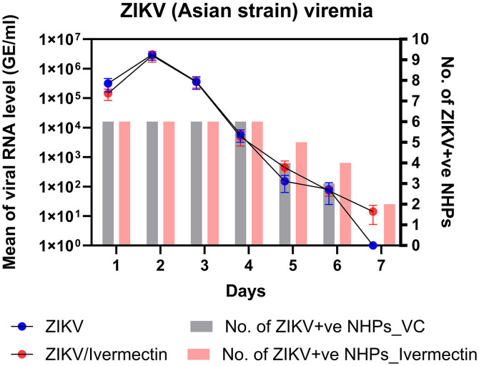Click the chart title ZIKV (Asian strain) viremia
coord(239,12)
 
